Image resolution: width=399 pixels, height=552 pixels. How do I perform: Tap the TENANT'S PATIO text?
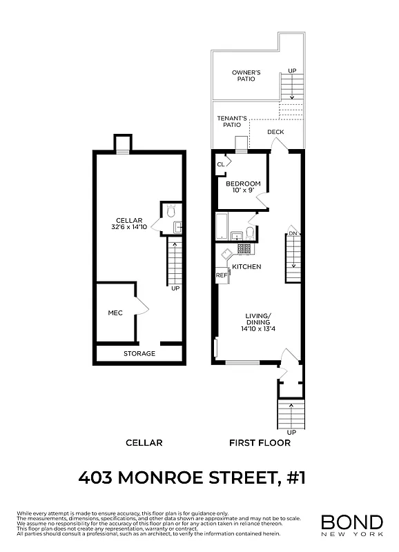click(x=232, y=121)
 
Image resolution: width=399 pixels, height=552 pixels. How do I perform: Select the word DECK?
click(x=275, y=132)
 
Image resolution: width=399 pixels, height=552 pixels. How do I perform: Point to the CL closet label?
click(x=221, y=164)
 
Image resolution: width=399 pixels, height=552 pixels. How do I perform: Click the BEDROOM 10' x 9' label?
click(x=243, y=187)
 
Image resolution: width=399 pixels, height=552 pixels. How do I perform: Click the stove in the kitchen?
click(x=244, y=249)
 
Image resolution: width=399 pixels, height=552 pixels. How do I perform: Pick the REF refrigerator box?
click(x=222, y=275)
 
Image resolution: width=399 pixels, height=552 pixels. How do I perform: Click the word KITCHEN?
click(x=246, y=266)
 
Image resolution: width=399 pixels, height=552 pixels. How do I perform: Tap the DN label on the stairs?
click(x=293, y=233)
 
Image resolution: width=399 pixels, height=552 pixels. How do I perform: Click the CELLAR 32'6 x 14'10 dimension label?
click(x=130, y=224)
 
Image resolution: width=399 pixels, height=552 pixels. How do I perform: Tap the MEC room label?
click(x=115, y=313)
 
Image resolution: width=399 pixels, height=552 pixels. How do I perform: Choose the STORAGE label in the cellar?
click(x=139, y=353)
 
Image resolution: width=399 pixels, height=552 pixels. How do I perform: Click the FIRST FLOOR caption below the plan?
click(x=260, y=442)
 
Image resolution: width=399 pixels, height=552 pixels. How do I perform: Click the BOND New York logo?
click(x=351, y=524)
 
